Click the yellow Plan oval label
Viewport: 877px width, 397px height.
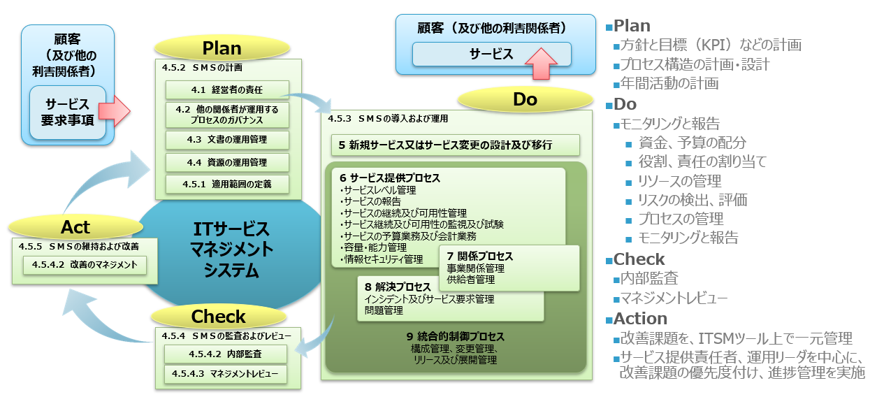(222, 48)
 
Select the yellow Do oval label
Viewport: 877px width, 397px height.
(525, 100)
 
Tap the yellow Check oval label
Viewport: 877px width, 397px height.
(219, 317)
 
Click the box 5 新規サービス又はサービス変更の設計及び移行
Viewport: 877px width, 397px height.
(455, 145)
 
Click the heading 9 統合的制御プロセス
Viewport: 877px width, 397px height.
(455, 337)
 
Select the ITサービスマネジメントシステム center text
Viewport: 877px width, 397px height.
(231, 250)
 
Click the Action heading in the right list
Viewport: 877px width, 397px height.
(640, 319)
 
